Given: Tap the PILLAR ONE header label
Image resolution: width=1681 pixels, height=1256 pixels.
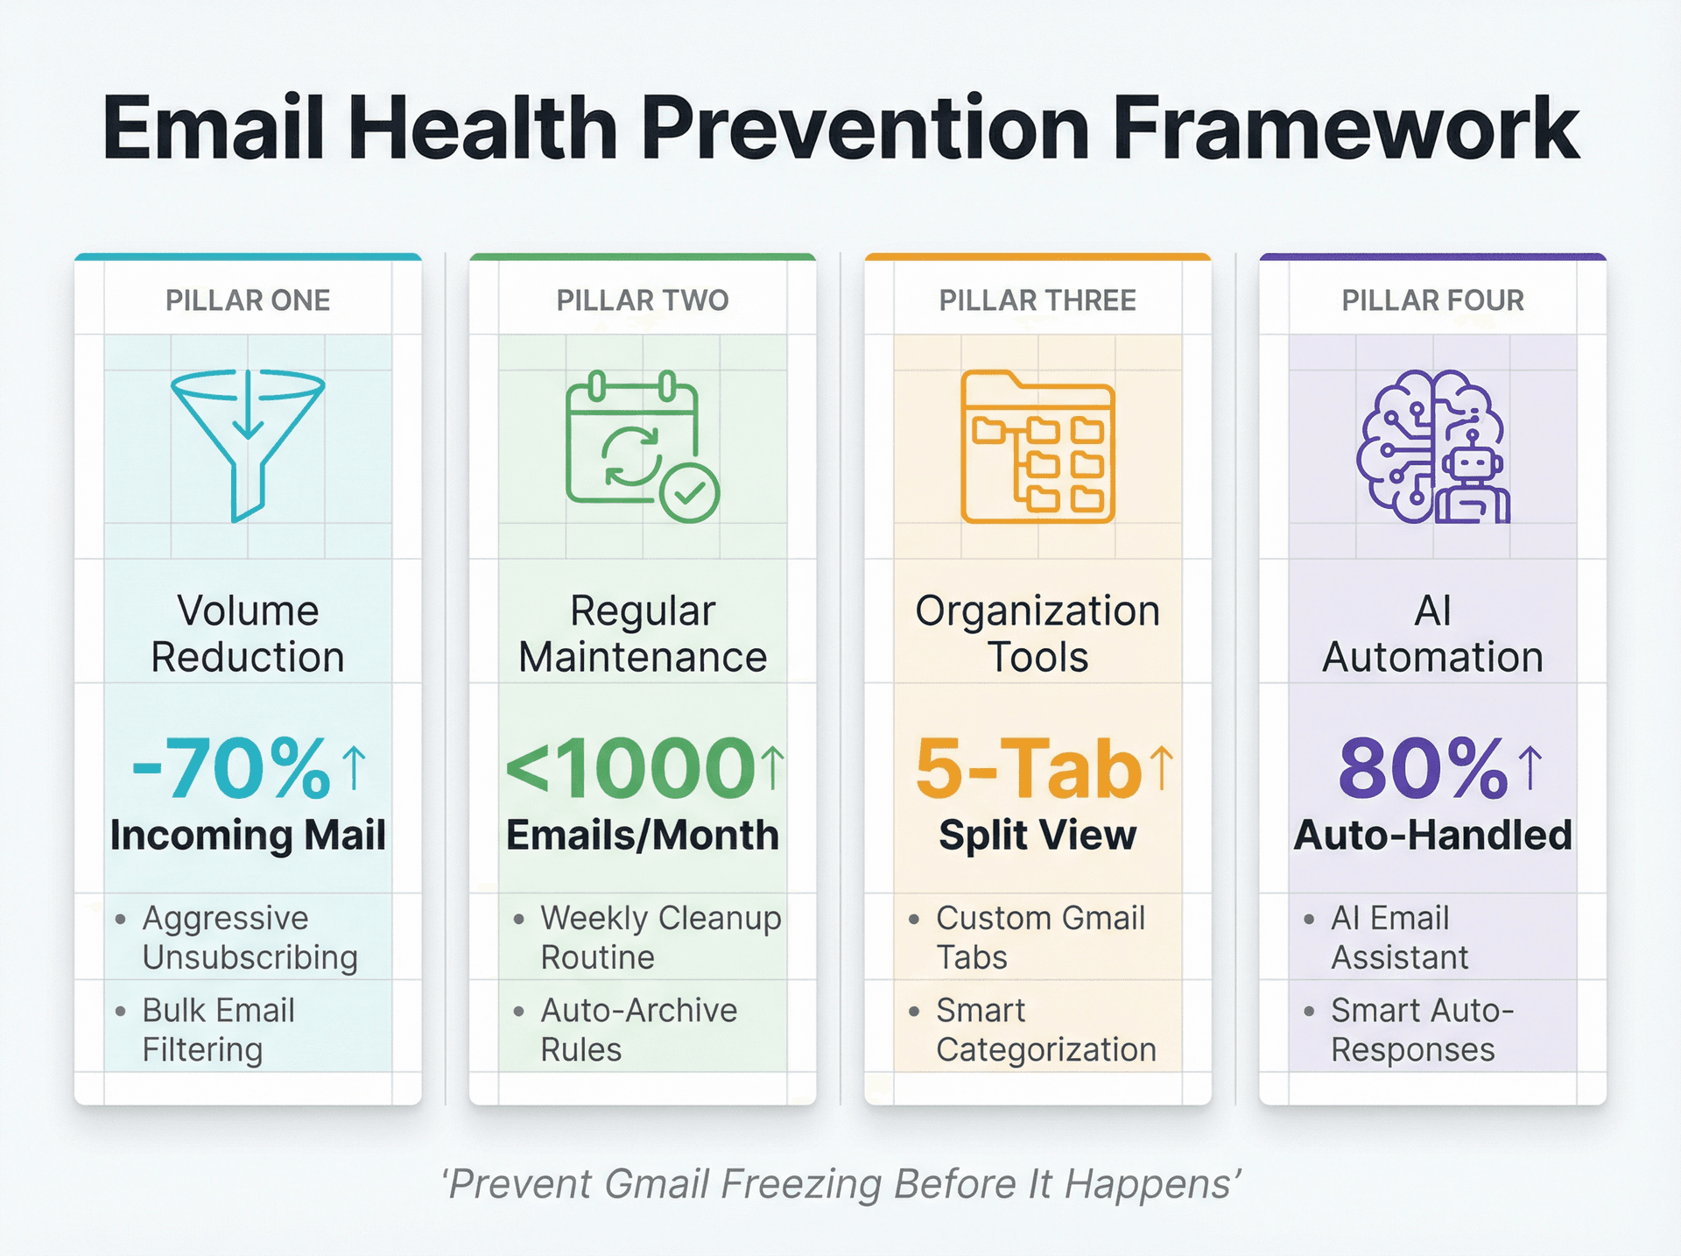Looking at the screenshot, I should (x=248, y=300).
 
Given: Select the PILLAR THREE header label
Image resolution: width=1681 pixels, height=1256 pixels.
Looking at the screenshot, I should (x=1037, y=300).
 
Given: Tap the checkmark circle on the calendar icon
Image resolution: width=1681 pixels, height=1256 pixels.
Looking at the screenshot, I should (x=690, y=494).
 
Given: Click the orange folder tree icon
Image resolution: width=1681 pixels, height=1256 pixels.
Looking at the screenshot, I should (x=1037, y=447).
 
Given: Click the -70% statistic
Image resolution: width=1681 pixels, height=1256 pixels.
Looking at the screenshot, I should (x=231, y=768).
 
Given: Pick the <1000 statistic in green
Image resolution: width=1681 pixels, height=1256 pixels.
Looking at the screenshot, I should (x=630, y=768).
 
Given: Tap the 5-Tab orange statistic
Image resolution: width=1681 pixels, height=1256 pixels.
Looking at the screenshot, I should (x=1028, y=768).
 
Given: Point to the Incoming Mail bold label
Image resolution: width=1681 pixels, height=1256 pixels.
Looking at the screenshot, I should (x=248, y=835).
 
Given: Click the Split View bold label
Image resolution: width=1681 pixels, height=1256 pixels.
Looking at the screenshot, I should (x=1037, y=835).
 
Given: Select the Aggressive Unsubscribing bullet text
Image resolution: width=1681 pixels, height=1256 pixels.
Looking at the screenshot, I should (x=250, y=937).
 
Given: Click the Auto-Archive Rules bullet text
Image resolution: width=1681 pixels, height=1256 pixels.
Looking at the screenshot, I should (x=638, y=1029).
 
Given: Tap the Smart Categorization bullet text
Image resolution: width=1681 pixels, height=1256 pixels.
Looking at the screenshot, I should (x=1045, y=1029).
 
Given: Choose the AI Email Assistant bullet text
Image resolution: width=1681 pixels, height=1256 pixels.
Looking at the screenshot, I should (x=1398, y=937).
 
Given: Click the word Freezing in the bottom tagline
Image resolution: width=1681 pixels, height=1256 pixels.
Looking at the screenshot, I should (x=803, y=1184).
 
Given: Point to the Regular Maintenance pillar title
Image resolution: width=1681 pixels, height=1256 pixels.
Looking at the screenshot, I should (x=643, y=633).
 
